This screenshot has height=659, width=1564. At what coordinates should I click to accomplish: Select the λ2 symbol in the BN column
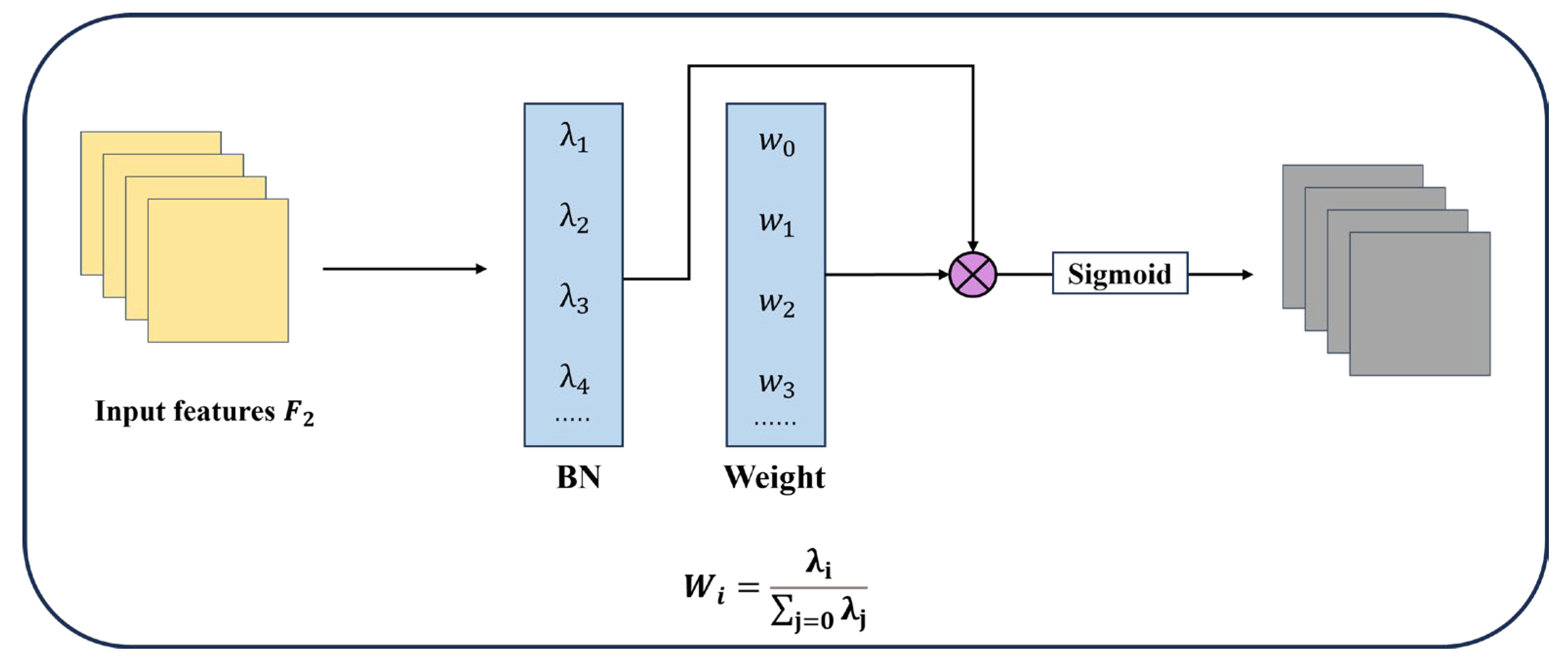click(x=574, y=218)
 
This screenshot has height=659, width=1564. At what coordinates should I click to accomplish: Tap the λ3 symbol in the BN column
click(x=574, y=299)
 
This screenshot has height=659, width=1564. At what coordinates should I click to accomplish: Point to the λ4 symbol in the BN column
click(x=574, y=379)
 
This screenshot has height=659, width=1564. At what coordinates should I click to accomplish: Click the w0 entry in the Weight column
click(x=776, y=143)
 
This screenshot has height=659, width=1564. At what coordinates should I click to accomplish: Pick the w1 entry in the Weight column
click(x=776, y=223)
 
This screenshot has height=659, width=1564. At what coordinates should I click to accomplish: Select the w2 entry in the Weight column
click(x=776, y=303)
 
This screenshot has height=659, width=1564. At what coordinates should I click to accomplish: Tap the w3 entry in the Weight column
click(x=776, y=384)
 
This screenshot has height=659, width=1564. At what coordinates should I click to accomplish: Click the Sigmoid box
click(x=1120, y=273)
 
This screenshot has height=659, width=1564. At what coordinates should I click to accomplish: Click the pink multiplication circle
click(x=973, y=274)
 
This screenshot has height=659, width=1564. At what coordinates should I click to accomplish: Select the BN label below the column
click(x=578, y=477)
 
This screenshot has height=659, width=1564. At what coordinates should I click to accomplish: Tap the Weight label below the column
click(x=775, y=477)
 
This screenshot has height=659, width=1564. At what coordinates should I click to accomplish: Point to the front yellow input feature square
click(x=218, y=271)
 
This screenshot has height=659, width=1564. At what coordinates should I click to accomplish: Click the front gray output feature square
click(x=1420, y=303)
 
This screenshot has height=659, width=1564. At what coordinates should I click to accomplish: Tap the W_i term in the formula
click(x=704, y=587)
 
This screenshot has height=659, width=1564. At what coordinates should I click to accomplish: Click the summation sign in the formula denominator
click(x=781, y=612)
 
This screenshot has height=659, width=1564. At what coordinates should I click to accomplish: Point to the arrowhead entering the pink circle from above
click(x=973, y=246)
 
